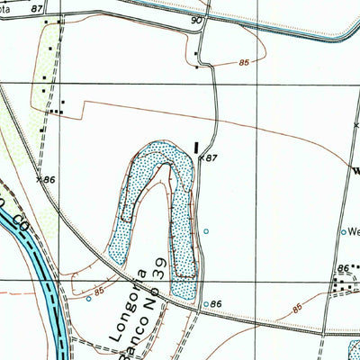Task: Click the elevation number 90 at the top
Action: tap(198, 19)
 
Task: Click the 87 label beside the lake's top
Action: tap(211, 158)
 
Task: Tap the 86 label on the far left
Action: tap(49, 180)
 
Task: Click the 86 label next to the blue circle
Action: tap(216, 305)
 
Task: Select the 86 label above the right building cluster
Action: tap(342, 269)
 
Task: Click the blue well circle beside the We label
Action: tap(343, 232)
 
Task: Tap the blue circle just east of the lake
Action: tap(206, 232)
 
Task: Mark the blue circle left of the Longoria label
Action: tap(89, 299)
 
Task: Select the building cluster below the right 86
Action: tap(342, 286)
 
